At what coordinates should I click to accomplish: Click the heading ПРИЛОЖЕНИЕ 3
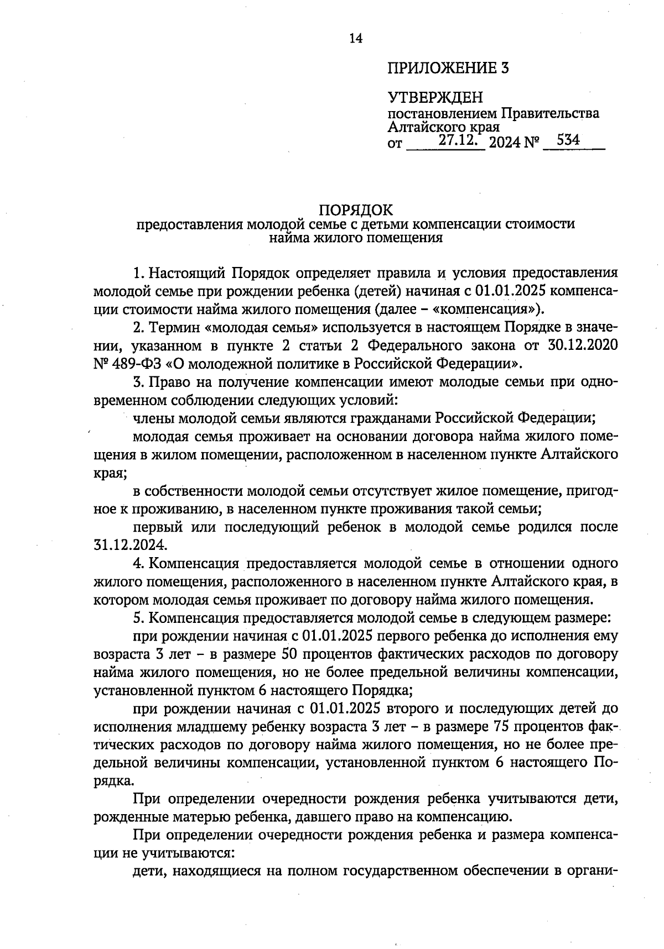click(x=448, y=69)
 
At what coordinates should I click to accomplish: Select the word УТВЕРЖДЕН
click(x=435, y=98)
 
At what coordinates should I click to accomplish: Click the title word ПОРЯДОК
click(x=355, y=210)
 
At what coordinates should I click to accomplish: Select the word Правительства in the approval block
click(x=550, y=113)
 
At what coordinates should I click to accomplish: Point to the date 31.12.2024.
click(x=131, y=545)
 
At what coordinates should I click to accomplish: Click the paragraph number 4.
click(x=138, y=564)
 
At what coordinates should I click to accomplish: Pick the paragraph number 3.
click(x=138, y=382)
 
